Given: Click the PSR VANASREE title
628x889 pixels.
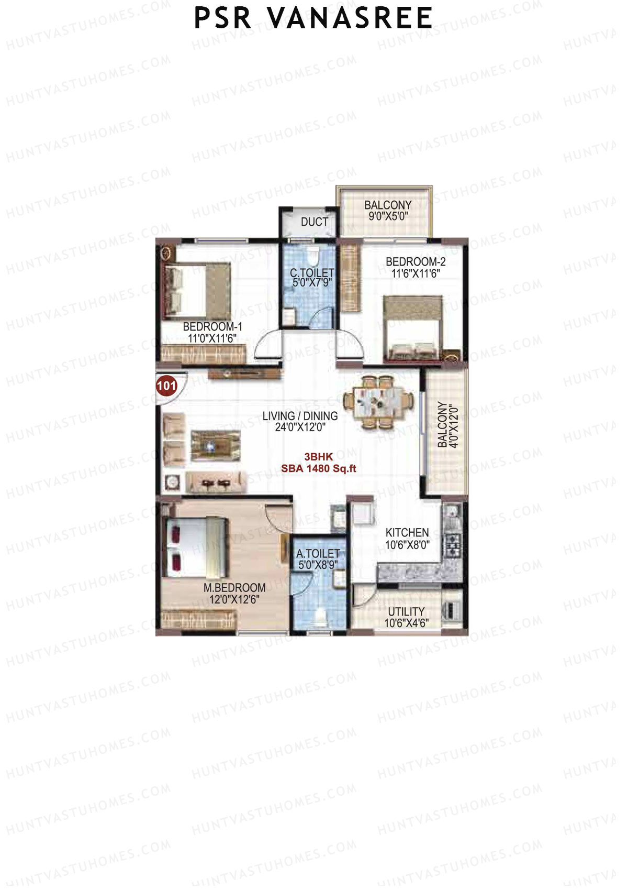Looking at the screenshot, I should [313, 18].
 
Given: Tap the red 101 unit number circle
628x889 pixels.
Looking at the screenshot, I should [166, 387].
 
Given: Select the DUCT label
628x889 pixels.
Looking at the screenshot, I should [314, 222].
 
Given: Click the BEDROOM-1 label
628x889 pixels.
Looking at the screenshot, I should [212, 327].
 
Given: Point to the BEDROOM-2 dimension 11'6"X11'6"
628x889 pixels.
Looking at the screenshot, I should [416, 273].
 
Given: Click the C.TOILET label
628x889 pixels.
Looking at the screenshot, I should [312, 273].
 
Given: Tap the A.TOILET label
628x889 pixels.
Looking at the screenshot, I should [318, 554].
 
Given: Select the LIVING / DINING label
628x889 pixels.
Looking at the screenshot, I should [300, 416].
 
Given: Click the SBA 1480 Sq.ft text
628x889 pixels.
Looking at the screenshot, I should [318, 469].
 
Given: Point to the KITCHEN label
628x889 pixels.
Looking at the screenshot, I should [407, 533].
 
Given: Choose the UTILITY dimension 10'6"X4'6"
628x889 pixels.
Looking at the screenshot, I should [406, 623].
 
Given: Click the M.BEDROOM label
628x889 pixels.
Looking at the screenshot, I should [234, 588].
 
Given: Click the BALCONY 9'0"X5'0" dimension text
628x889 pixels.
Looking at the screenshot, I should [388, 216].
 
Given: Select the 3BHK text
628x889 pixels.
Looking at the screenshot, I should [318, 457].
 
